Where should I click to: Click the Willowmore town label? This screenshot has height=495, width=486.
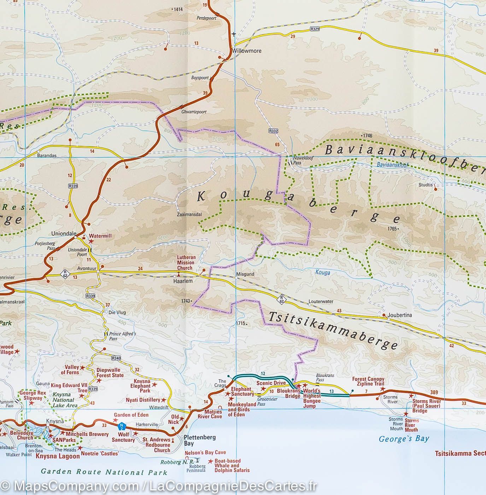247,51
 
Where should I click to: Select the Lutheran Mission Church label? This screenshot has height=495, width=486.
186,263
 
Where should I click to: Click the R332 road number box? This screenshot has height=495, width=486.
273,131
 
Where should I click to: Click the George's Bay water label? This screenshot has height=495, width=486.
404,439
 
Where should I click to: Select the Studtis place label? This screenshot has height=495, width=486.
425,185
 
